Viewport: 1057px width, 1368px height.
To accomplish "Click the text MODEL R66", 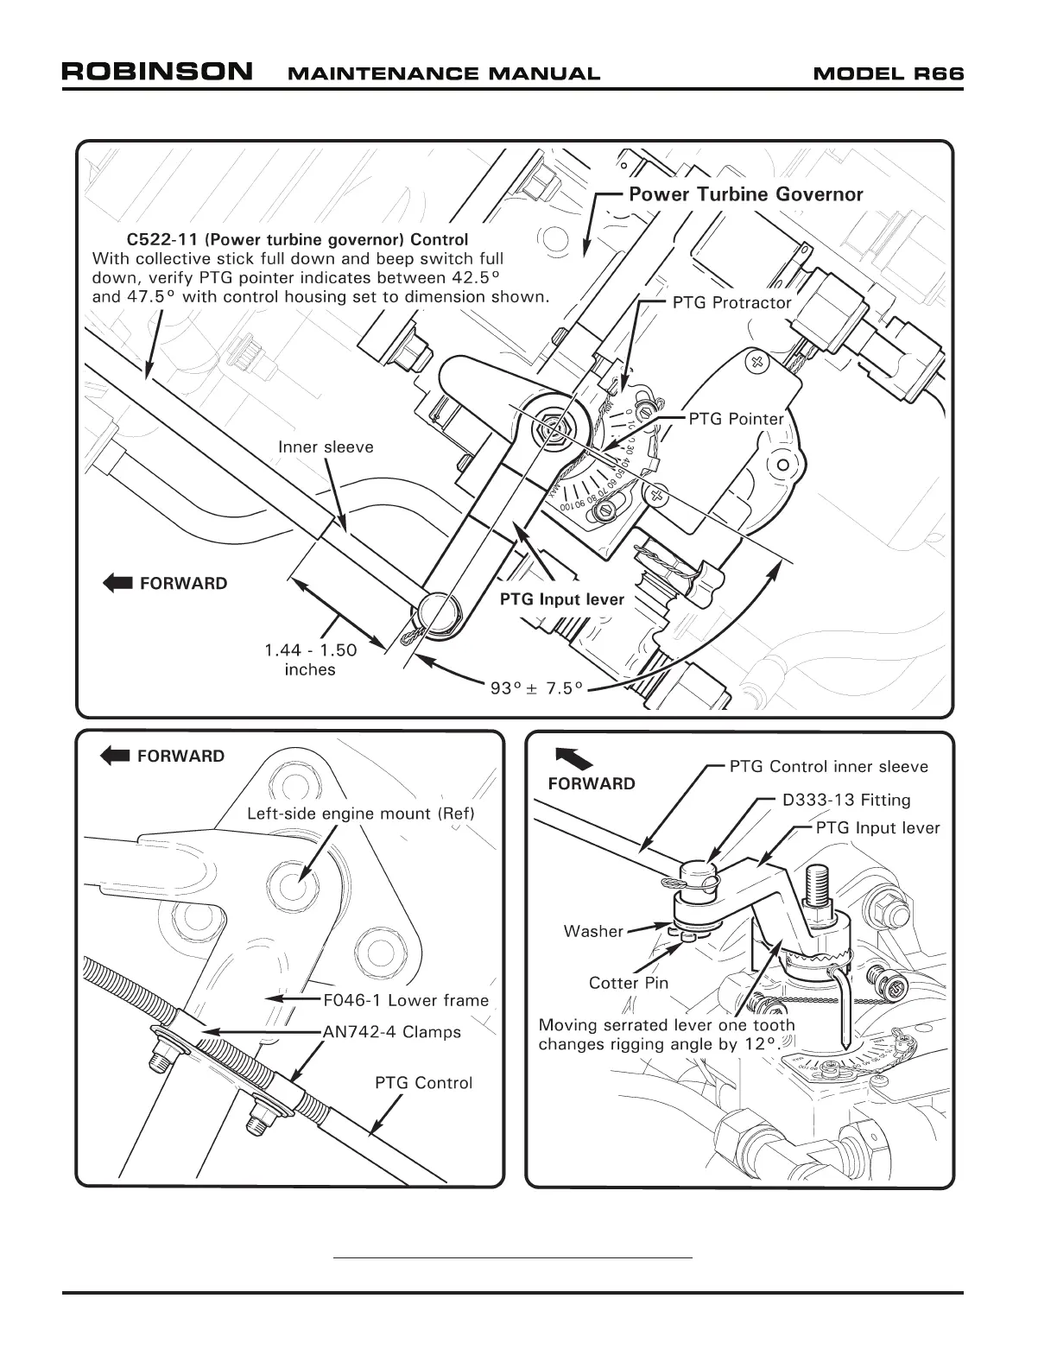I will [889, 73].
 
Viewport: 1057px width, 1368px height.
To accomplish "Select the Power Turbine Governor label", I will [745, 194].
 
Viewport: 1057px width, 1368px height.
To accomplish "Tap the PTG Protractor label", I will [731, 303].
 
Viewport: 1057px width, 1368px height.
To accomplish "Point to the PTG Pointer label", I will [736, 420].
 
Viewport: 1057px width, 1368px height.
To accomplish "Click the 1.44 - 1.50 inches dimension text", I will [310, 660].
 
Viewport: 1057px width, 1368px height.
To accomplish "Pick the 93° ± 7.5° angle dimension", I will [536, 688].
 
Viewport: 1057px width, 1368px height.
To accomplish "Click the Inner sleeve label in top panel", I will [326, 447].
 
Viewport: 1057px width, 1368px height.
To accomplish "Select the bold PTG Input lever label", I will [561, 599].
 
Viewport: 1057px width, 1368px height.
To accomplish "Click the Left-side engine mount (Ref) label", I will [361, 814].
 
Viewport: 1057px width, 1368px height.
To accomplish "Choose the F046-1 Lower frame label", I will [406, 1000].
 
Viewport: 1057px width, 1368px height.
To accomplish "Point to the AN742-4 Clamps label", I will [392, 1032].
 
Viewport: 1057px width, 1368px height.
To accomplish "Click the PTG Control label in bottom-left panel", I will [423, 1083].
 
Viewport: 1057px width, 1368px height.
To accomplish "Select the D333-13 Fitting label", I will [846, 801].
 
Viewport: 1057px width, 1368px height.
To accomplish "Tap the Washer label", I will [593, 931].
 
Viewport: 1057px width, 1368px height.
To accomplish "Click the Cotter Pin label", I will [629, 983].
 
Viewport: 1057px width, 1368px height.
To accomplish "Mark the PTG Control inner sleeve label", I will [828, 767].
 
